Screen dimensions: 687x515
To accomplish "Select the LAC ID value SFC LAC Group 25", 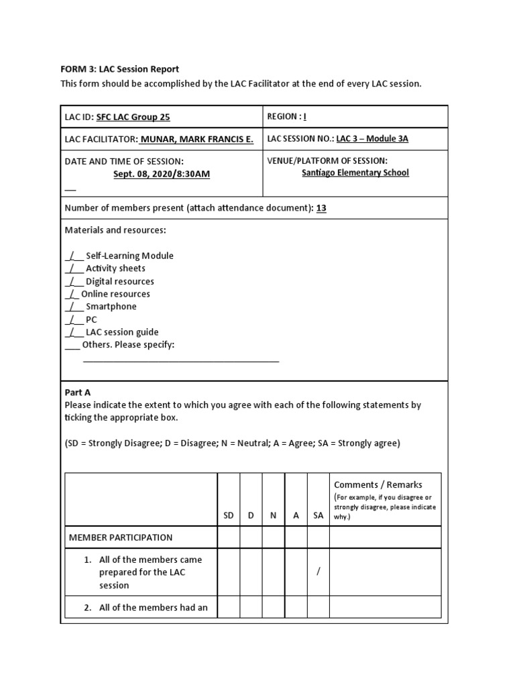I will pyautogui.click(x=133, y=117).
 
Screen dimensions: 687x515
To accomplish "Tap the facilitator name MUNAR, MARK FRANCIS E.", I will pyautogui.click(x=196, y=139).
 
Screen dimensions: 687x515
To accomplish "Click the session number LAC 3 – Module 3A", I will pyautogui.click(x=372, y=139).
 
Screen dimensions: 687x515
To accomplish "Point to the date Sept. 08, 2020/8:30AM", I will pyautogui.click(x=162, y=174).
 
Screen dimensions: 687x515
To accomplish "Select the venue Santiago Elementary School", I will pyautogui.click(x=355, y=172).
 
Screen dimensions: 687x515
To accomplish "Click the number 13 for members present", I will pyautogui.click(x=321, y=208).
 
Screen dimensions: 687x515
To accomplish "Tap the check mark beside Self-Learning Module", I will pyautogui.click(x=73, y=256).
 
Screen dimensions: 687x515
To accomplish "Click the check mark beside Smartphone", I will pyautogui.click(x=73, y=307).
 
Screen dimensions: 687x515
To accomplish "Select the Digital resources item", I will pyautogui.click(x=119, y=281).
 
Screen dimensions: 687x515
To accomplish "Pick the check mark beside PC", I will pyautogui.click(x=73, y=319).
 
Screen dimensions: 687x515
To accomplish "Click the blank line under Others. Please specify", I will pyautogui.click(x=180, y=360).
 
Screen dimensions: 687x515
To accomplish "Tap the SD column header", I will pyautogui.click(x=229, y=515).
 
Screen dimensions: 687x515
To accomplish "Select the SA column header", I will pyautogui.click(x=318, y=515).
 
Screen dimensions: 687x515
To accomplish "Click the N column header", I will pyautogui.click(x=273, y=515).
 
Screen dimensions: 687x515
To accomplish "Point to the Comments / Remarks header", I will pyautogui.click(x=378, y=484).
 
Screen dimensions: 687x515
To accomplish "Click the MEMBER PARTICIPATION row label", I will pyautogui.click(x=121, y=537).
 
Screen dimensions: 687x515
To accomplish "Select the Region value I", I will pyautogui.click(x=304, y=117).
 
